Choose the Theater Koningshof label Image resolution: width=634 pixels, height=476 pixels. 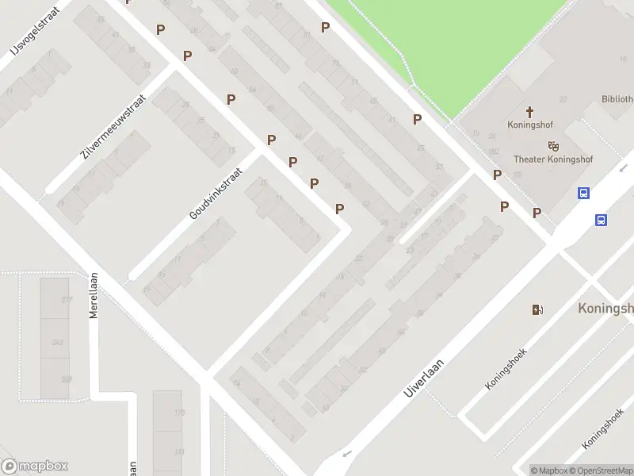point(552,159)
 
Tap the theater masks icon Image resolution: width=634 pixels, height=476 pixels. point(553,145)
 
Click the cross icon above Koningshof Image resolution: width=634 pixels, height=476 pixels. point(529,112)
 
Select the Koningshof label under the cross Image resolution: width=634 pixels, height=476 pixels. point(529,125)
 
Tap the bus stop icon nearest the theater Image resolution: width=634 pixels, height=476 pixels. point(583,193)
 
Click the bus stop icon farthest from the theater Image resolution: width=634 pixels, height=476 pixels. point(602,221)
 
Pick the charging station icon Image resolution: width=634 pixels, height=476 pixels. point(538,309)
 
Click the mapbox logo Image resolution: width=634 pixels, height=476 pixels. point(35,466)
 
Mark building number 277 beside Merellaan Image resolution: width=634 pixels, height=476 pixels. point(67,300)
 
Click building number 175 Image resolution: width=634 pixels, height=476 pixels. point(179,413)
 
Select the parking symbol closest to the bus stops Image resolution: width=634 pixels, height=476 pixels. point(537,213)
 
